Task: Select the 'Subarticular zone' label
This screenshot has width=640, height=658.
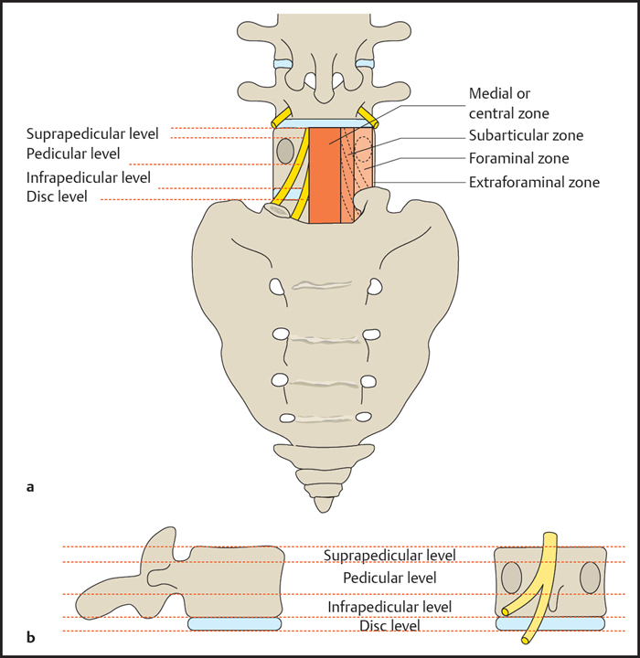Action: click(526, 135)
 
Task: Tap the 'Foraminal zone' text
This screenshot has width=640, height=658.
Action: click(518, 158)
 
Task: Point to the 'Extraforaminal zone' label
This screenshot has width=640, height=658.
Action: click(534, 182)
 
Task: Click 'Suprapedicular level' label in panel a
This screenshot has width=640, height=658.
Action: click(92, 133)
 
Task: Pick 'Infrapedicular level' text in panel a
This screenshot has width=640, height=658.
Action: click(89, 177)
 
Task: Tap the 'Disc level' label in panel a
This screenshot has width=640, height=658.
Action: click(58, 196)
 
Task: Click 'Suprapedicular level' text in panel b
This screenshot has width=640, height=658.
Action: click(389, 555)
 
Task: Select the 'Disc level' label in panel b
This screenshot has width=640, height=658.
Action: click(389, 626)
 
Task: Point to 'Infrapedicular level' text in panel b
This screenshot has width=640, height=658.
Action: click(389, 606)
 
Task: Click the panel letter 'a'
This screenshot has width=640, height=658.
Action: click(31, 487)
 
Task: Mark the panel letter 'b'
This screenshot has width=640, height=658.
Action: click(31, 637)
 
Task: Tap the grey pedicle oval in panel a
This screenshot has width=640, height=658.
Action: click(285, 149)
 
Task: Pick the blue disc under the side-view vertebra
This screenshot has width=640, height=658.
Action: click(233, 623)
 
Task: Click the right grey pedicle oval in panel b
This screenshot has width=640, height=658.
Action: click(591, 579)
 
